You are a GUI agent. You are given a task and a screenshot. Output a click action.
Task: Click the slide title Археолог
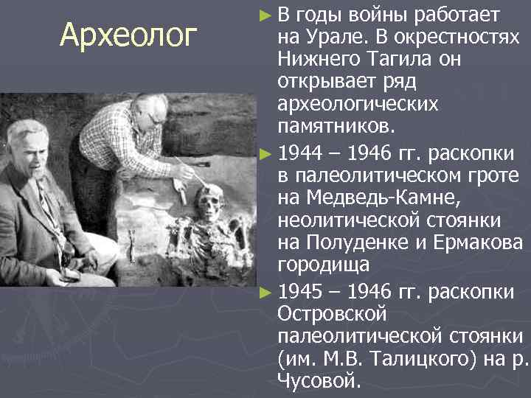[129, 35]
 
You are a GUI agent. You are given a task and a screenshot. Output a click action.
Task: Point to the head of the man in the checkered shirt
[147, 112]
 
